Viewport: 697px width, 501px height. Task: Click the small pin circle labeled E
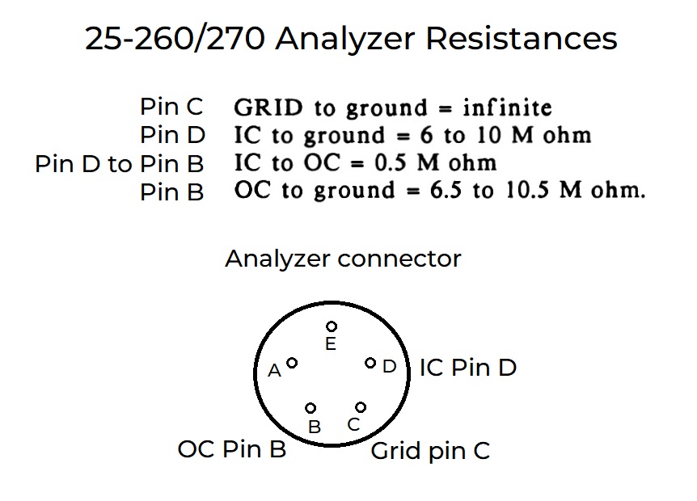point(331,326)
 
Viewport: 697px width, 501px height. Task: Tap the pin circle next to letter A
point(292,364)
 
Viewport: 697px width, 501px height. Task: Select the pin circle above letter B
point(310,408)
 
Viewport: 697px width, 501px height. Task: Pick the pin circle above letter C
point(361,406)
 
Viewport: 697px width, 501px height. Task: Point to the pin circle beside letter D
point(370,363)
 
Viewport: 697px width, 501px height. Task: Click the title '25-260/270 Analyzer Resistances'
point(351,38)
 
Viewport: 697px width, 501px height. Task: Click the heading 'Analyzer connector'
point(343,259)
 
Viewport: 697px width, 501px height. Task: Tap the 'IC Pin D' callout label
point(467,368)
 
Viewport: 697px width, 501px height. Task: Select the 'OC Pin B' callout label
point(232,448)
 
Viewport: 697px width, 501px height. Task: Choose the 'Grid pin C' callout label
point(430,451)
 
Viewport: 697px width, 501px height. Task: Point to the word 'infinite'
point(507,107)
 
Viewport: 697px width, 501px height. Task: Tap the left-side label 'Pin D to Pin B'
point(120,164)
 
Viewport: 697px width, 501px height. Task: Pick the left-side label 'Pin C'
point(171,107)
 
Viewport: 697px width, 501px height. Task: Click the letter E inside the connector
point(330,344)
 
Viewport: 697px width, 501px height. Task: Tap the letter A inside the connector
point(274,370)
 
